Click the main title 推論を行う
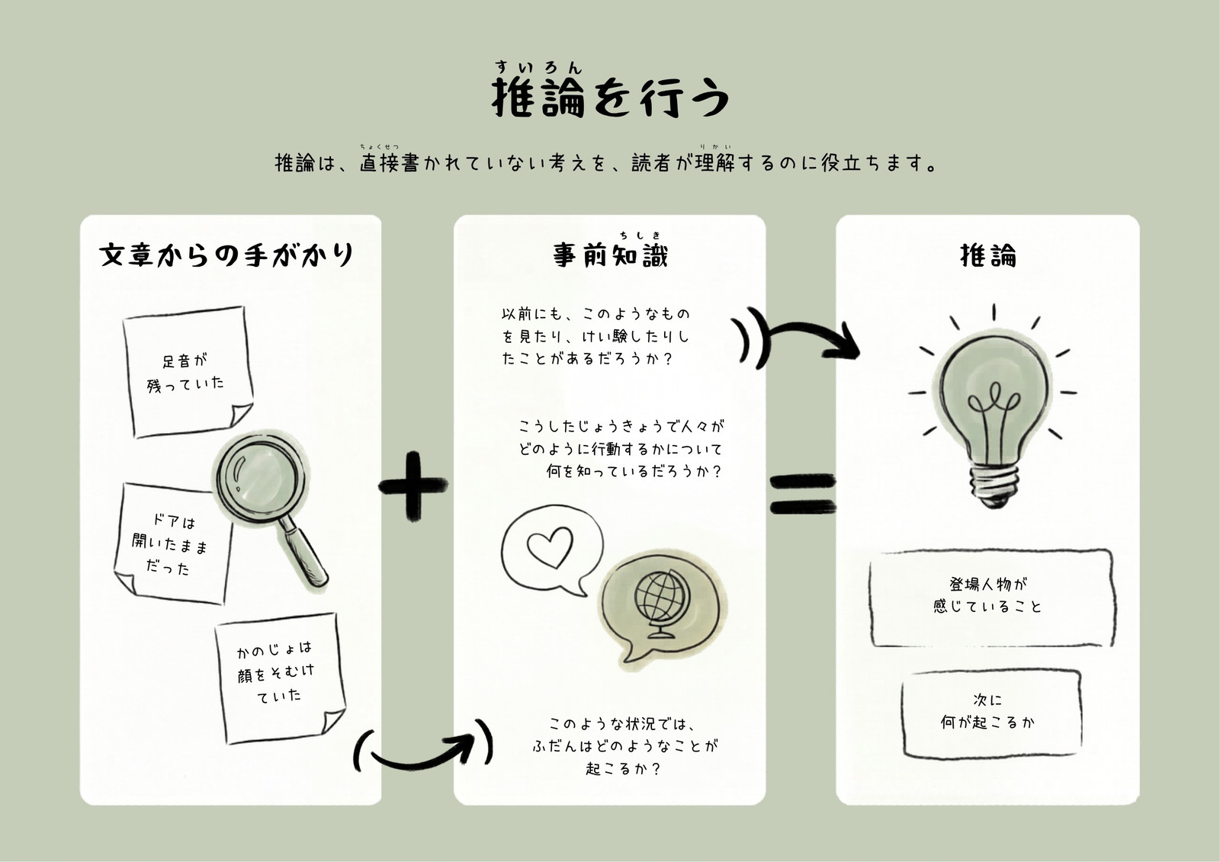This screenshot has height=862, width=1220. point(610,98)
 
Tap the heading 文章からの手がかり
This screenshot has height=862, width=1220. point(226,255)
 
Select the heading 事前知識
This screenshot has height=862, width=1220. point(610,255)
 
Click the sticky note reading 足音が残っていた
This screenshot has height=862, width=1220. point(188,371)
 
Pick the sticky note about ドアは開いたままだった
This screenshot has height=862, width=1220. point(172,543)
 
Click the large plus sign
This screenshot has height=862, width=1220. point(413,485)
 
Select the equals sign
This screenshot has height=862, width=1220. point(803,494)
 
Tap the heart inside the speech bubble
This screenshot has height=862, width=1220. point(550,546)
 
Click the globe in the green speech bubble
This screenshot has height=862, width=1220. point(662,604)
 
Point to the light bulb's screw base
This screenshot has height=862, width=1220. point(994,486)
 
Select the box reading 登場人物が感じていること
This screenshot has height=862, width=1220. point(991,598)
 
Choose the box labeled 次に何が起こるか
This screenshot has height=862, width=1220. point(991,713)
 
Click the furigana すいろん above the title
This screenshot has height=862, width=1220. point(538,68)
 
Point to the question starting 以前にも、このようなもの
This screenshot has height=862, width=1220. point(596,336)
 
